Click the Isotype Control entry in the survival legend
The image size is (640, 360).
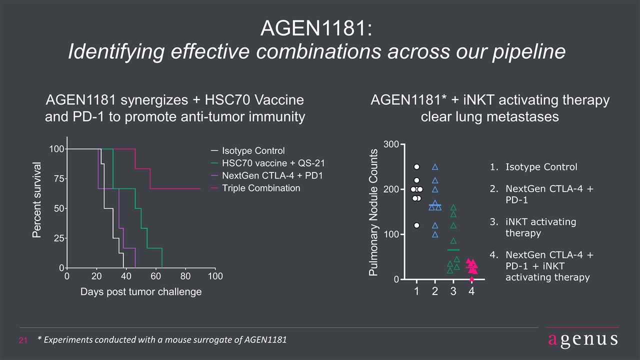(247, 150)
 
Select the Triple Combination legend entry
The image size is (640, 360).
(255, 188)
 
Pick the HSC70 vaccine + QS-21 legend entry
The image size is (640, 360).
(267, 163)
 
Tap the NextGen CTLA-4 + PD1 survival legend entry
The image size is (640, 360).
(267, 175)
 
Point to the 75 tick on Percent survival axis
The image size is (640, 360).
(59, 179)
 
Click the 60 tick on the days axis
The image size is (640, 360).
(155, 276)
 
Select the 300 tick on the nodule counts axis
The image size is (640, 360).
(391, 144)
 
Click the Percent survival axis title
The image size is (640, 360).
(36, 200)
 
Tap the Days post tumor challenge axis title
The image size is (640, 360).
(141, 291)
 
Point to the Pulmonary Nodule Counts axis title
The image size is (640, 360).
(373, 212)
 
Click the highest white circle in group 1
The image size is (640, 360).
(417, 167)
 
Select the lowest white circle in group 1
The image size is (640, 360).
(417, 225)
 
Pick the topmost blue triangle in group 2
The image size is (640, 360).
(435, 167)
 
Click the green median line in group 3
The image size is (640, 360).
(453, 250)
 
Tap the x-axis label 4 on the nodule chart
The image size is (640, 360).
(471, 291)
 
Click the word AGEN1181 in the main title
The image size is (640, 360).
(316, 28)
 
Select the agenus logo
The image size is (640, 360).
(583, 339)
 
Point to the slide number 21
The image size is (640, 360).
(23, 340)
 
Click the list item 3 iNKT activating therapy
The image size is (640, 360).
(533, 227)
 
